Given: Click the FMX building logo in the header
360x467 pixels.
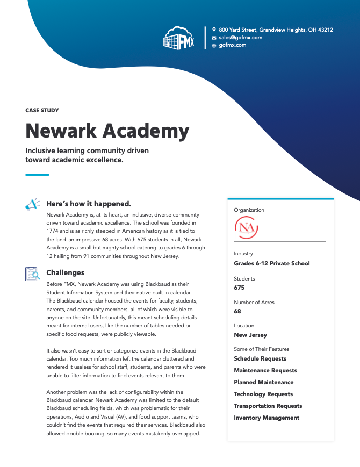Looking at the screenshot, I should point(179,38).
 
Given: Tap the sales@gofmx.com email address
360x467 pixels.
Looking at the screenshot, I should point(240,38).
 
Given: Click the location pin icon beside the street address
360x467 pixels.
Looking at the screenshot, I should point(214,30).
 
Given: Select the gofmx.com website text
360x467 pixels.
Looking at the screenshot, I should point(233,45).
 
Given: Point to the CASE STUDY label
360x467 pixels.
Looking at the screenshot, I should point(42,110).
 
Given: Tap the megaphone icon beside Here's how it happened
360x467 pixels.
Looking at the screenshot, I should point(32,205).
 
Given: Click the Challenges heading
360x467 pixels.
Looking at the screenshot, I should point(65,272).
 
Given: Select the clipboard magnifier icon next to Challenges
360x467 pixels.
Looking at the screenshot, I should point(32,274).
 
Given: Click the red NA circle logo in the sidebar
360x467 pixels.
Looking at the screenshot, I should point(247,227).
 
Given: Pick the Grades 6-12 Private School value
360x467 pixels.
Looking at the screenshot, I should point(271,263).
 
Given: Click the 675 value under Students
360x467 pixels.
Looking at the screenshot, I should point(239,288).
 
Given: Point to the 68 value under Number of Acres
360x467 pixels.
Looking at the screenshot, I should point(237,311).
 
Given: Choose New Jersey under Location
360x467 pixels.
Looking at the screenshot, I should point(250,335).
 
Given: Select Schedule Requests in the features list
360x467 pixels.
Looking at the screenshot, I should point(260,358).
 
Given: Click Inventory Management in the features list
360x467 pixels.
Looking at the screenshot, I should point(267,418).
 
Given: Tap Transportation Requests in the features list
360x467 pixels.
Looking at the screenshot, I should point(268,406).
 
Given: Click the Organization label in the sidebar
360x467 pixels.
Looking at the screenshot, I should point(249,210).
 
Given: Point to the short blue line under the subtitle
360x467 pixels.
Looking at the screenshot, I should point(37,175).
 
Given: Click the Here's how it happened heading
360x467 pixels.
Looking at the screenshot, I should point(89,204).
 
